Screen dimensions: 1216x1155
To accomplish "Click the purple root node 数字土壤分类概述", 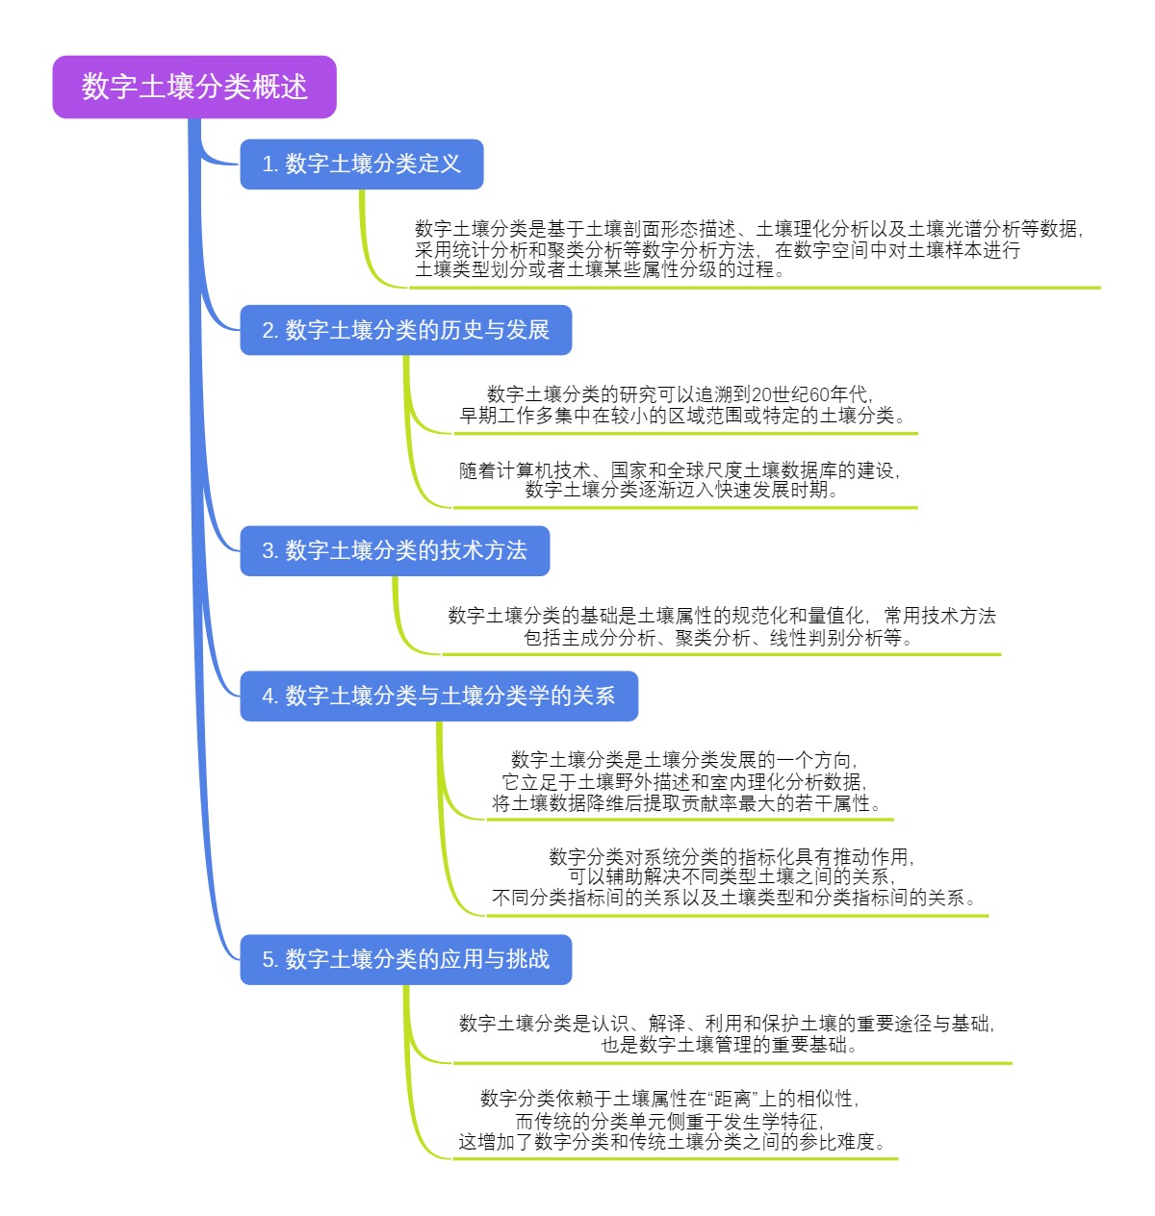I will coord(194,87).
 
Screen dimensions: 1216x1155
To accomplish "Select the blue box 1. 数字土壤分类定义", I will coord(361,165).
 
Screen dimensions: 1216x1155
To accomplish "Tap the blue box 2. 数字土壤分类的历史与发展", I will coord(405,330).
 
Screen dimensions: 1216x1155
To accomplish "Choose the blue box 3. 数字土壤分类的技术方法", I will coord(395,551).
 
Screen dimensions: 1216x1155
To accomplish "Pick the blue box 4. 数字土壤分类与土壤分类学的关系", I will coord(439,696).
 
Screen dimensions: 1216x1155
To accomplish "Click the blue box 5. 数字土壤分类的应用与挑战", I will coord(405,959).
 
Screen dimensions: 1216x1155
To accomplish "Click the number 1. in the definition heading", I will coord(270,165).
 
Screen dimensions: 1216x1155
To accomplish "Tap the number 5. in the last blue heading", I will coord(270,959).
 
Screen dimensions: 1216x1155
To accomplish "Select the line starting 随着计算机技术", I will coord(680,470).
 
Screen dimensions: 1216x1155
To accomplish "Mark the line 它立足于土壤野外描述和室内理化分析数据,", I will coord(684,781).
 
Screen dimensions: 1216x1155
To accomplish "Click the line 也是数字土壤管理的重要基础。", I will coord(729,1045).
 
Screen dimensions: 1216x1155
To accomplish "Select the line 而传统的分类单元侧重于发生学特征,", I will coord(670,1121).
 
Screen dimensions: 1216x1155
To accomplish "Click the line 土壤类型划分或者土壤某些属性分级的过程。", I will coord(601,270).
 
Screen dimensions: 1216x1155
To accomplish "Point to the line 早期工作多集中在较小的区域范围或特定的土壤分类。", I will coord(683,416).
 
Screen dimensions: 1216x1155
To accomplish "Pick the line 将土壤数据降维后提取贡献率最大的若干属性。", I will coord(687,803).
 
